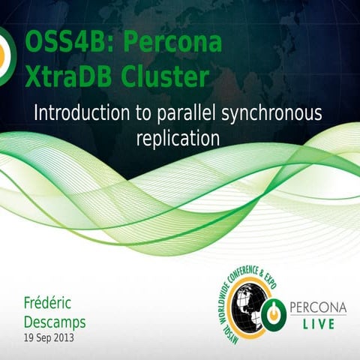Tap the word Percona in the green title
click(172, 43)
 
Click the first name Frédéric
click(52, 304)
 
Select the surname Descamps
click(55, 322)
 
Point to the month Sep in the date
click(43, 338)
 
